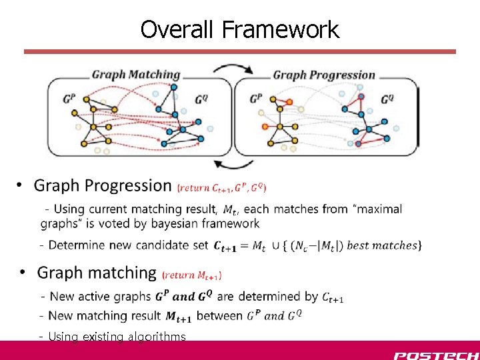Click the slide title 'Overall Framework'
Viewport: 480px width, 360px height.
point(239,29)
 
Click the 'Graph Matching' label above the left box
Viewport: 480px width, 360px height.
point(136,75)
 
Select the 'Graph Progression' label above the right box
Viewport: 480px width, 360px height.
point(324,75)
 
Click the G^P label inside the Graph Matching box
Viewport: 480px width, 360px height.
point(69,99)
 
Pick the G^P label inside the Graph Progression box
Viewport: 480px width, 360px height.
point(256,99)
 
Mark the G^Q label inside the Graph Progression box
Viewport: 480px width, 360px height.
point(387,99)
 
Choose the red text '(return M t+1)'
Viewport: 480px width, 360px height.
point(193,274)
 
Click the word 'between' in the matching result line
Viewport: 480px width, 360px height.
point(221,315)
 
